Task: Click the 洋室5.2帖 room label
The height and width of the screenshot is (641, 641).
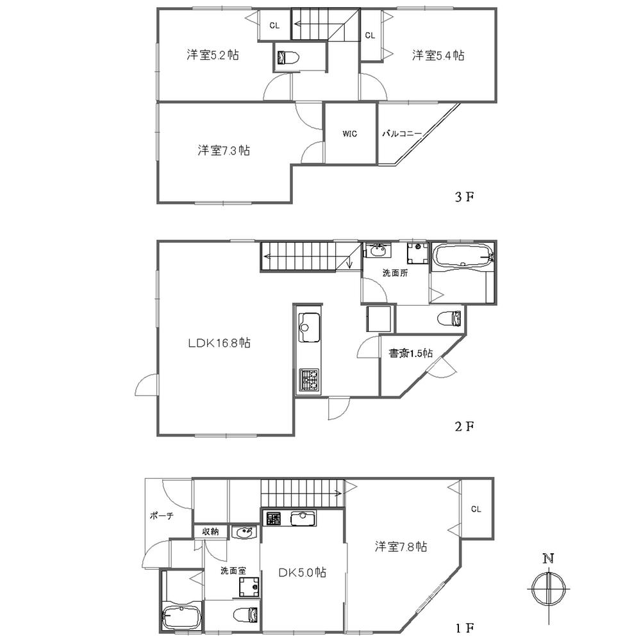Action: pyautogui.click(x=213, y=56)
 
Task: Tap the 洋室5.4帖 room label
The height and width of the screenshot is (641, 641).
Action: pyautogui.click(x=438, y=56)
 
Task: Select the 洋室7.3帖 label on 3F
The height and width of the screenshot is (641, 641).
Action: pyautogui.click(x=223, y=151)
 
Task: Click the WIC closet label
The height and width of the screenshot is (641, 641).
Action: pyautogui.click(x=349, y=134)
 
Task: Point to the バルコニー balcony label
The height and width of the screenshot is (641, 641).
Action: pyautogui.click(x=402, y=134)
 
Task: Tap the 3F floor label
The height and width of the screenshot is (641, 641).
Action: pyautogui.click(x=463, y=197)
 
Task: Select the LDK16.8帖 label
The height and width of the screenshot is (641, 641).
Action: pyautogui.click(x=219, y=344)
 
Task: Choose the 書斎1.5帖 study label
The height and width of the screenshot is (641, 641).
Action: pyautogui.click(x=411, y=353)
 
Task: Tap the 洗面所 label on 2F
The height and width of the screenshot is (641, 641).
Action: pyautogui.click(x=395, y=272)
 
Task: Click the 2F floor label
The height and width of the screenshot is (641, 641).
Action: pyautogui.click(x=463, y=426)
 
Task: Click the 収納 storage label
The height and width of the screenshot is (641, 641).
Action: pyautogui.click(x=211, y=531)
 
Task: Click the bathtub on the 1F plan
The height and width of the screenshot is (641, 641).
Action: pyautogui.click(x=182, y=619)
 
